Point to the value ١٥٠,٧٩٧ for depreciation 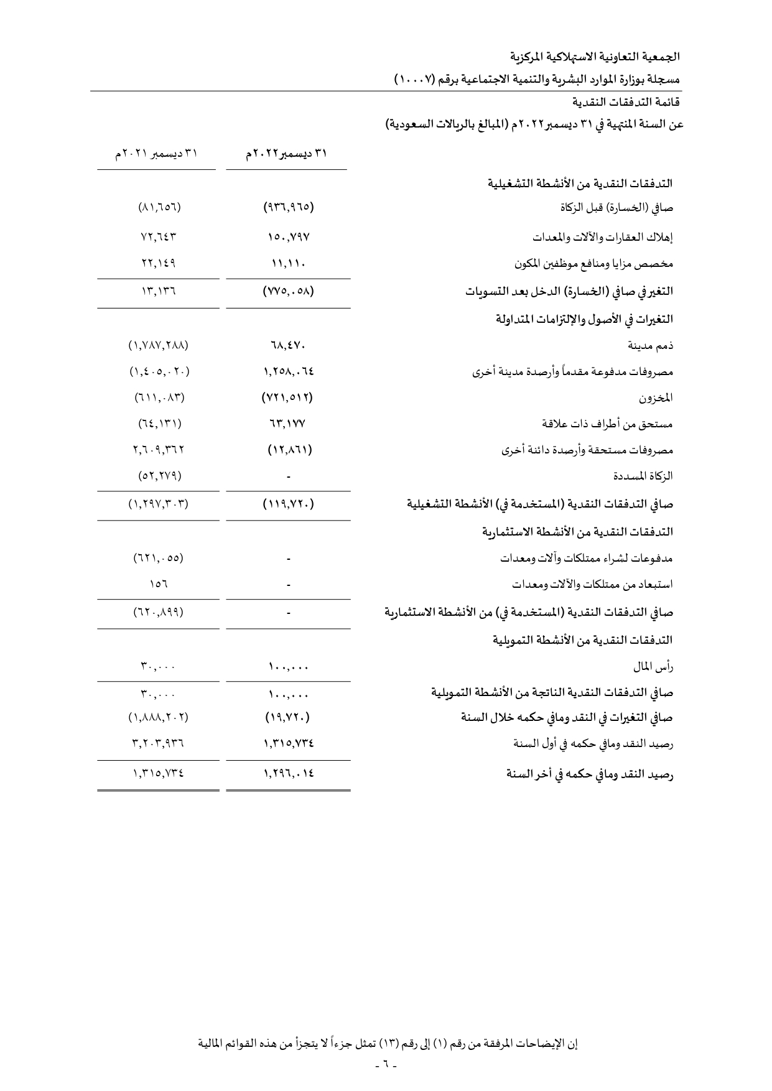point(288,237)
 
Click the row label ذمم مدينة point(651,345)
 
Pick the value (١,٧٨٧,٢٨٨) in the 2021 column point(158,345)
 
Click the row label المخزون point(656,397)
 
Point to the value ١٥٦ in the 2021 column point(159,585)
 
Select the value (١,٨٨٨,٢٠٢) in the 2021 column point(158,717)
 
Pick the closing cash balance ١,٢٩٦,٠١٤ point(288,774)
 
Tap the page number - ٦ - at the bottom point(386,1065)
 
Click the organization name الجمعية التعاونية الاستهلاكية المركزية point(602,57)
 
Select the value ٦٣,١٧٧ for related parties point(288,424)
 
